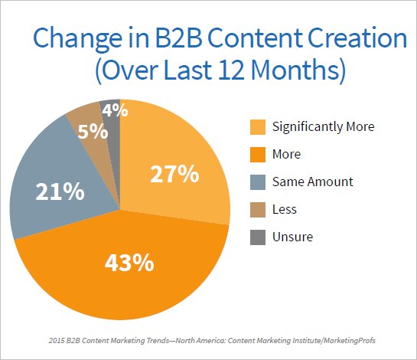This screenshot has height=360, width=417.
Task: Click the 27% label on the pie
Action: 174,174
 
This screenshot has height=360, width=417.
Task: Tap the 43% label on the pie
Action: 129,263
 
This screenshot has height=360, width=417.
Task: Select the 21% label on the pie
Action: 60,191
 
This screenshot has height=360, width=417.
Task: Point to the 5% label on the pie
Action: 93,131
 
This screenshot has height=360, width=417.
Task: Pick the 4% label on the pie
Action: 115,110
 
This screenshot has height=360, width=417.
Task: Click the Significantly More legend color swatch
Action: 258,127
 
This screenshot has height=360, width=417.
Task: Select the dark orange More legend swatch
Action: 258,155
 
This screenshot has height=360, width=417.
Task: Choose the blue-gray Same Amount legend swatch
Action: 258,182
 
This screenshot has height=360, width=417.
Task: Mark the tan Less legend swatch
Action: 258,210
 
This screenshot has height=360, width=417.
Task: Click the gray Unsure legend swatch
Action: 258,237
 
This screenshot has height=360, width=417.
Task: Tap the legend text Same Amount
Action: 312,182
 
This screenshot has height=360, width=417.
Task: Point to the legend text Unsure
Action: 292,237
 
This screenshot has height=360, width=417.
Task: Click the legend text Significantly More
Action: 324,126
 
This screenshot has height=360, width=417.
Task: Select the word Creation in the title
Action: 357,38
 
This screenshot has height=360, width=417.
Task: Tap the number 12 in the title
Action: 231,70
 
